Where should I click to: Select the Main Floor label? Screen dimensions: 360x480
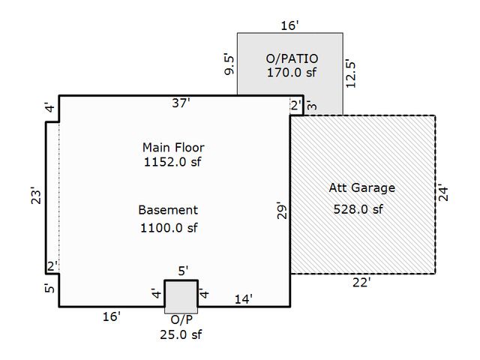point(173,147)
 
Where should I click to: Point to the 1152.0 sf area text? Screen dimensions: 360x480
point(173,161)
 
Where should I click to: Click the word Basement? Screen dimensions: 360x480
point(168,210)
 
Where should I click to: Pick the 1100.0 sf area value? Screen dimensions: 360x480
point(168,227)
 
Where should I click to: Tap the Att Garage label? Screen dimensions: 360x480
point(361,187)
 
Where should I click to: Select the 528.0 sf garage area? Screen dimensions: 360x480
point(358,209)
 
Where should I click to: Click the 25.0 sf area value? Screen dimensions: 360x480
point(181,334)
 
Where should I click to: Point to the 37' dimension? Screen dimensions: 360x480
point(180,103)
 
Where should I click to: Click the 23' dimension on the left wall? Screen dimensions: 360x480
point(35,197)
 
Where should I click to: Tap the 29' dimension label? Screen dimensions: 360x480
point(281,211)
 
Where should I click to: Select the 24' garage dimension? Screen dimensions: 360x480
point(443,193)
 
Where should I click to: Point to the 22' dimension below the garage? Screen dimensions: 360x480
point(361,282)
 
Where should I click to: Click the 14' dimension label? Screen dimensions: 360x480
point(243,298)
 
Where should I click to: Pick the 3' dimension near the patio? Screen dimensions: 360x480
point(310,106)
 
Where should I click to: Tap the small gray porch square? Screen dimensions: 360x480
point(181,295)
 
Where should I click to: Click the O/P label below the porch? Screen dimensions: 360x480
point(181,319)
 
